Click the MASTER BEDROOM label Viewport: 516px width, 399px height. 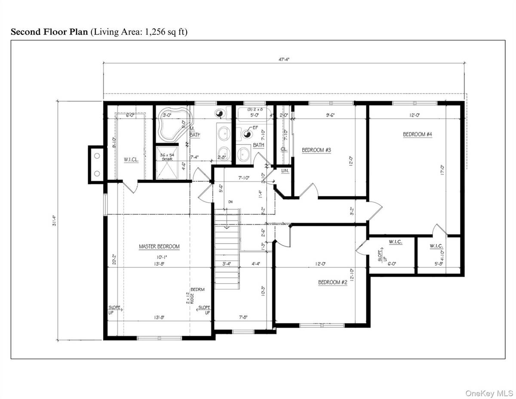159,247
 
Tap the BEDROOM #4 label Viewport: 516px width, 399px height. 417,134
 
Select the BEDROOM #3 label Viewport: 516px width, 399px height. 316,150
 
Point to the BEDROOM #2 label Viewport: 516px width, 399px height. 332,282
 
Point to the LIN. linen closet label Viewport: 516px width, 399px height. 285,171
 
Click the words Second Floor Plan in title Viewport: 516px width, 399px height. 49,32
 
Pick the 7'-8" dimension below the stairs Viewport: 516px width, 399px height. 243,317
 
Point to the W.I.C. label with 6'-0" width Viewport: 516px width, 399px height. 395,242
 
